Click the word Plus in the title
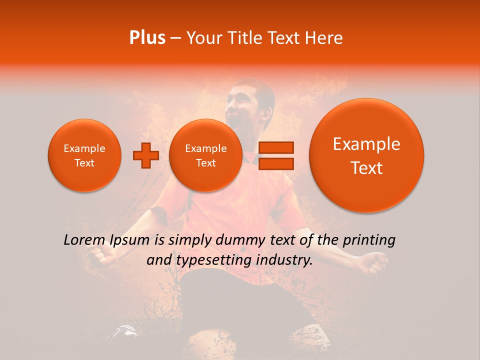pyautogui.click(x=147, y=38)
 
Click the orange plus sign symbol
pyautogui.click(x=146, y=155)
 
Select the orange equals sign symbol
pyautogui.click(x=276, y=155)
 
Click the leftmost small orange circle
pyautogui.click(x=84, y=155)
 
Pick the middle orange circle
pyautogui.click(x=205, y=155)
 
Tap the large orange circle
pyautogui.click(x=366, y=155)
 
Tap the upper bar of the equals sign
pyautogui.click(x=276, y=147)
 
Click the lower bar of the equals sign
pyautogui.click(x=276, y=163)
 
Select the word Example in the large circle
pyautogui.click(x=366, y=144)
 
